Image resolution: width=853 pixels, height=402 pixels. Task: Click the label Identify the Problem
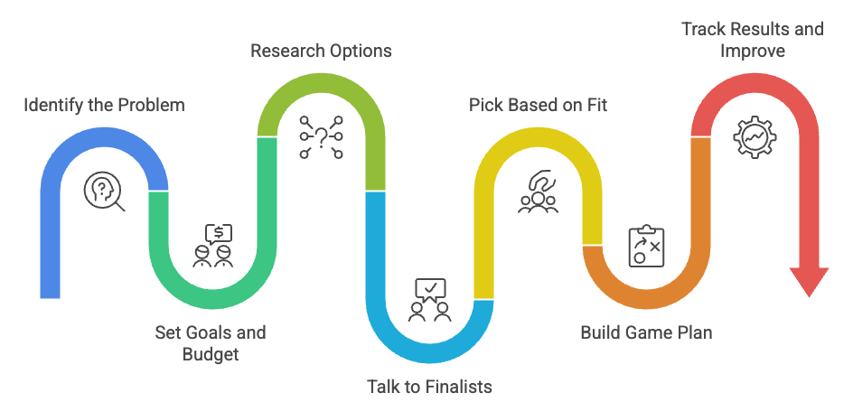(104, 106)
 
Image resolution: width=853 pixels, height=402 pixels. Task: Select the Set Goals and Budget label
(210, 343)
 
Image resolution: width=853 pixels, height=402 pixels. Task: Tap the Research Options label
(321, 51)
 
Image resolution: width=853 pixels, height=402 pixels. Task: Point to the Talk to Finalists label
(429, 387)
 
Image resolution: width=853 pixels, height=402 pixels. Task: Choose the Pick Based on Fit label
(538, 106)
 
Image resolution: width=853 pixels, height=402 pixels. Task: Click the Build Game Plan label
(645, 332)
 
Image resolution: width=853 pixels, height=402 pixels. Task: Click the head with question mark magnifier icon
(104, 192)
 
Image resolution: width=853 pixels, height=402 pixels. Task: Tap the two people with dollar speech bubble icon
(213, 247)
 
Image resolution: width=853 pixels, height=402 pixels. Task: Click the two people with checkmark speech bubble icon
(429, 301)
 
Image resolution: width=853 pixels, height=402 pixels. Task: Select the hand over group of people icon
(538, 192)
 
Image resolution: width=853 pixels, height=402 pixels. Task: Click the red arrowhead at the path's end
(809, 281)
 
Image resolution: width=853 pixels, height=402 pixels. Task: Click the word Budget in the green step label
(210, 354)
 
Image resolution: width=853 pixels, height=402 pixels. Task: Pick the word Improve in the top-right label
(752, 51)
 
